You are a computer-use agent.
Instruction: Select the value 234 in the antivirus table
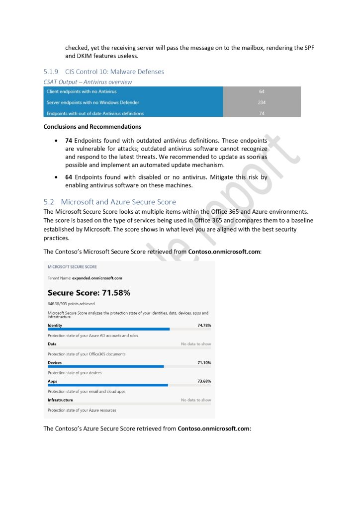coord(262,102)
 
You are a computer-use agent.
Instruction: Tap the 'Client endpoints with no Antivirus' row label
coord(82,91)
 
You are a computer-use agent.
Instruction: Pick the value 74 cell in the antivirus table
coord(262,113)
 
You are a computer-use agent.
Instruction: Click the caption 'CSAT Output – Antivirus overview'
coord(88,82)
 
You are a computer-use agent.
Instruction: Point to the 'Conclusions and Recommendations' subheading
coord(92,127)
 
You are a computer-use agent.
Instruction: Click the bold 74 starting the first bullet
coord(69,141)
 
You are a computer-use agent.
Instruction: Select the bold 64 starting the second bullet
coord(69,177)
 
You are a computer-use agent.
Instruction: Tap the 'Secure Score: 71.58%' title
coord(89,293)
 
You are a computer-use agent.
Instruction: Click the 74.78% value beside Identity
coord(204,325)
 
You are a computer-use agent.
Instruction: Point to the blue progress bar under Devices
coord(105,366)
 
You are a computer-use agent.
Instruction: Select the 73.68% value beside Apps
coord(204,381)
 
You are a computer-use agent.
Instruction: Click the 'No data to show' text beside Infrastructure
coord(195,400)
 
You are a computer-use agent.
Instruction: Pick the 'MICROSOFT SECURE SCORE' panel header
coord(72,267)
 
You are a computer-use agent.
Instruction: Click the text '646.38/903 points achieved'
coord(71,304)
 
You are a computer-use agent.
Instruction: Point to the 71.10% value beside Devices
coord(204,362)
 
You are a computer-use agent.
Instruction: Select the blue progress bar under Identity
coord(108,329)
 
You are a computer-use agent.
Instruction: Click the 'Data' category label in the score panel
coord(52,344)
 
